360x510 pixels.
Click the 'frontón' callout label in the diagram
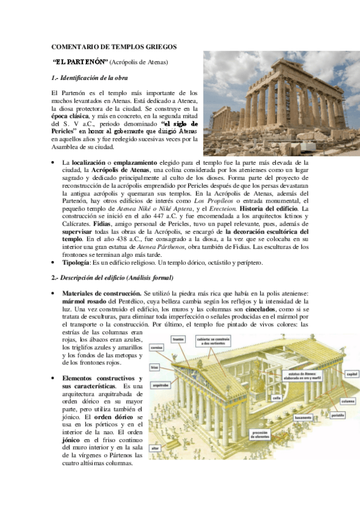click(178, 339)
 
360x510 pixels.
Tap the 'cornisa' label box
click(158, 347)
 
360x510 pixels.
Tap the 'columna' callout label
click(347, 401)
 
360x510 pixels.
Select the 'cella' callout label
click(276, 398)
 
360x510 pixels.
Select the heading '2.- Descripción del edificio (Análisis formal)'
click(112, 277)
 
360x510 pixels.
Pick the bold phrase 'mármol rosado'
click(82, 301)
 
